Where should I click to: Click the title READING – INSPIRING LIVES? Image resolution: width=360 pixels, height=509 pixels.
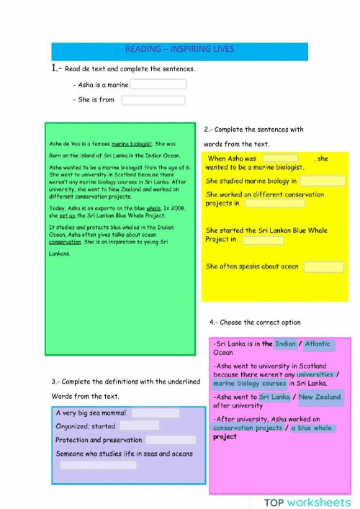pyautogui.click(x=180, y=50)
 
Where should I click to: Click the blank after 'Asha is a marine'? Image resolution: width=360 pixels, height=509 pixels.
pyautogui.click(x=158, y=84)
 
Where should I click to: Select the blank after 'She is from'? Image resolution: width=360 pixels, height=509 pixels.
pyautogui.click(x=153, y=100)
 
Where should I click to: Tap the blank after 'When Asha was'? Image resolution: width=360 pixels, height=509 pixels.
pyautogui.click(x=280, y=158)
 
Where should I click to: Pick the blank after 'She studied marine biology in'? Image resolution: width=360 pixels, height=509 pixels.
pyautogui.click(x=322, y=181)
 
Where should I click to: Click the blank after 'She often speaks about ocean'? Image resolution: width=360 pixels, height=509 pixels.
pyautogui.click(x=323, y=266)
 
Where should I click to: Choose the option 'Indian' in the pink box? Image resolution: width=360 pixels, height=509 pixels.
pyautogui.click(x=285, y=344)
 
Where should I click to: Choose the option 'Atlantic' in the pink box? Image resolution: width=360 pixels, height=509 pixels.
pyautogui.click(x=318, y=344)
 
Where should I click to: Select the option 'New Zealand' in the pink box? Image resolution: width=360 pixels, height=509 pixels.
pyautogui.click(x=320, y=397)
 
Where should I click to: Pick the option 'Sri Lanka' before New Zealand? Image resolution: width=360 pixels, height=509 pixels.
pyautogui.click(x=274, y=397)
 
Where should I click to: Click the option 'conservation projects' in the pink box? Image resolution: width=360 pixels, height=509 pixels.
pyautogui.click(x=248, y=428)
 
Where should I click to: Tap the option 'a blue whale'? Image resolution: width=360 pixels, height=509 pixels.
pyautogui.click(x=312, y=428)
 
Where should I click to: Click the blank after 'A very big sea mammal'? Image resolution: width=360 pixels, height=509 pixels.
pyautogui.click(x=155, y=413)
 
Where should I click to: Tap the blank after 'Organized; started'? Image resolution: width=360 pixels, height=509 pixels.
pyautogui.click(x=139, y=425)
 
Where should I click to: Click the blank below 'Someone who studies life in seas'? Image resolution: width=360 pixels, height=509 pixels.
pyautogui.click(x=98, y=465)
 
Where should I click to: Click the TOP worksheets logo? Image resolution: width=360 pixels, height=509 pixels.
pyautogui.click(x=307, y=502)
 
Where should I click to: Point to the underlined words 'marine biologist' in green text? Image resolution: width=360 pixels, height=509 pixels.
pyautogui.click(x=131, y=144)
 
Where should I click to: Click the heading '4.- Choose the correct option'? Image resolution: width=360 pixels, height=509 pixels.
pyautogui.click(x=255, y=322)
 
